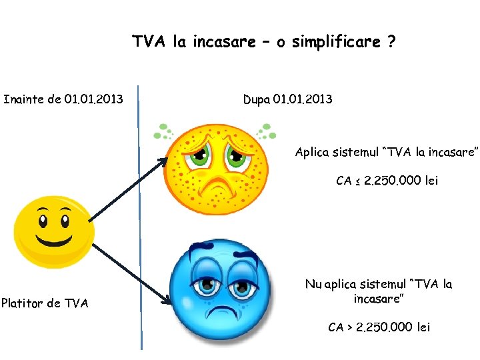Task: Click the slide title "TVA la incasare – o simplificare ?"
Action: tap(263, 42)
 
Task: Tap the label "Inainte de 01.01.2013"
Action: tap(63, 100)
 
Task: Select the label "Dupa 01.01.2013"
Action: tap(287, 100)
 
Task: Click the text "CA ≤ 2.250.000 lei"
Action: tap(387, 181)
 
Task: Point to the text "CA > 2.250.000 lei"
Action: tap(379, 327)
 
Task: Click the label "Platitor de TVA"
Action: tap(45, 303)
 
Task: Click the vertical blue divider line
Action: tap(140, 220)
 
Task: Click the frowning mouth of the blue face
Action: tap(220, 313)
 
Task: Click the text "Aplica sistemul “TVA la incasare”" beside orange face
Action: tap(387, 152)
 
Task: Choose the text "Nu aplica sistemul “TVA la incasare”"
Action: tap(378, 291)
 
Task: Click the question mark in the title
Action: tap(390, 42)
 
